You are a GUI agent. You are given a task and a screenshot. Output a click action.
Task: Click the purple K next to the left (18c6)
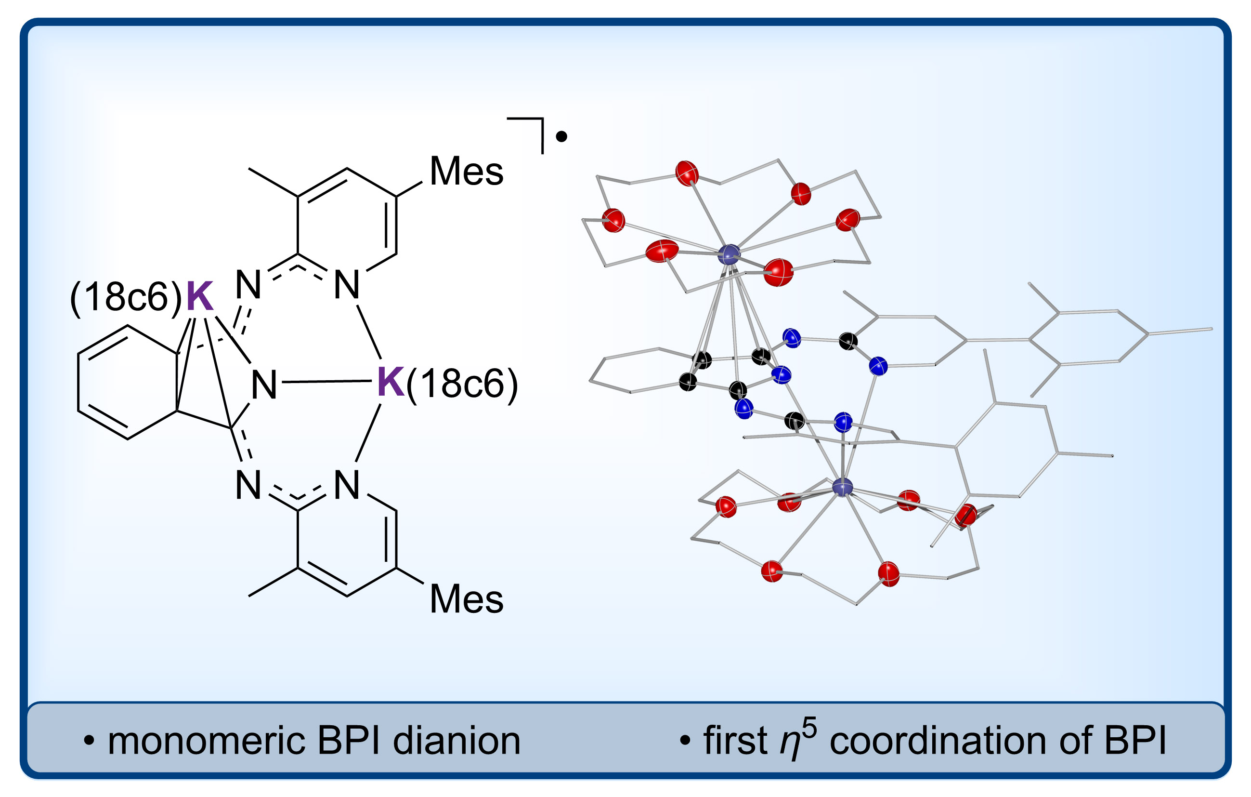(199, 296)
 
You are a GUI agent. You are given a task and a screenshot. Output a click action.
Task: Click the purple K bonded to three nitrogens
(391, 382)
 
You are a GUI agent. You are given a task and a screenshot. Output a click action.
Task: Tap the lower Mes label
(466, 599)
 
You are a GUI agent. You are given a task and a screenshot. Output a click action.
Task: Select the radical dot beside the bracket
(561, 137)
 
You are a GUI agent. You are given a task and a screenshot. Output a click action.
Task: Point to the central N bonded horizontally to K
(264, 385)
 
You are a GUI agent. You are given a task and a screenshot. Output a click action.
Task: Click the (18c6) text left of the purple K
(126, 297)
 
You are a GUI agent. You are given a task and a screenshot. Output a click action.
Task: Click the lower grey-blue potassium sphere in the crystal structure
(842, 487)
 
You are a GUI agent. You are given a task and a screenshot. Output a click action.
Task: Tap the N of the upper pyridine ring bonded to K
(347, 284)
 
